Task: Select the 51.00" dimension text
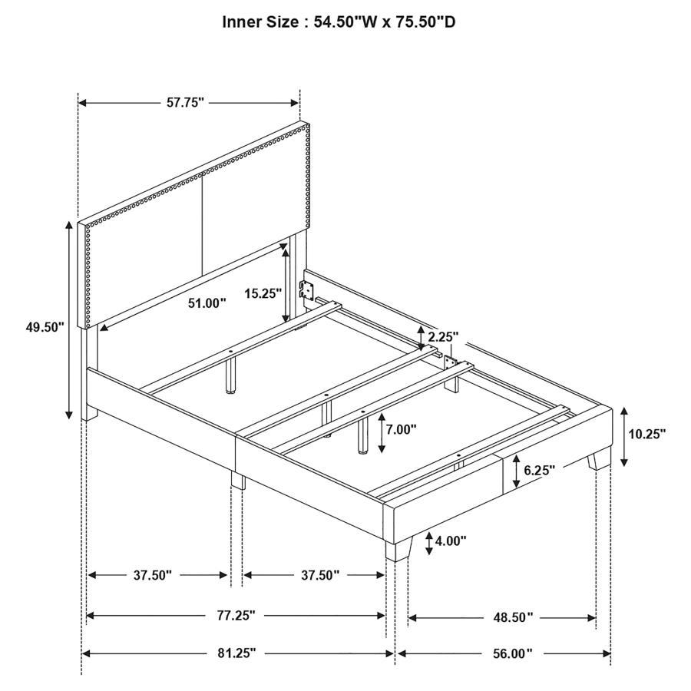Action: tap(207, 303)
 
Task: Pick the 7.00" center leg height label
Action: tap(401, 429)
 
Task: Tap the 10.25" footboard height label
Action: tap(647, 433)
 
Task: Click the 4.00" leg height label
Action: tap(451, 541)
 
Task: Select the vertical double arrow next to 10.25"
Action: tap(624, 435)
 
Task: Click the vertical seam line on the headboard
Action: tap(202, 223)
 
